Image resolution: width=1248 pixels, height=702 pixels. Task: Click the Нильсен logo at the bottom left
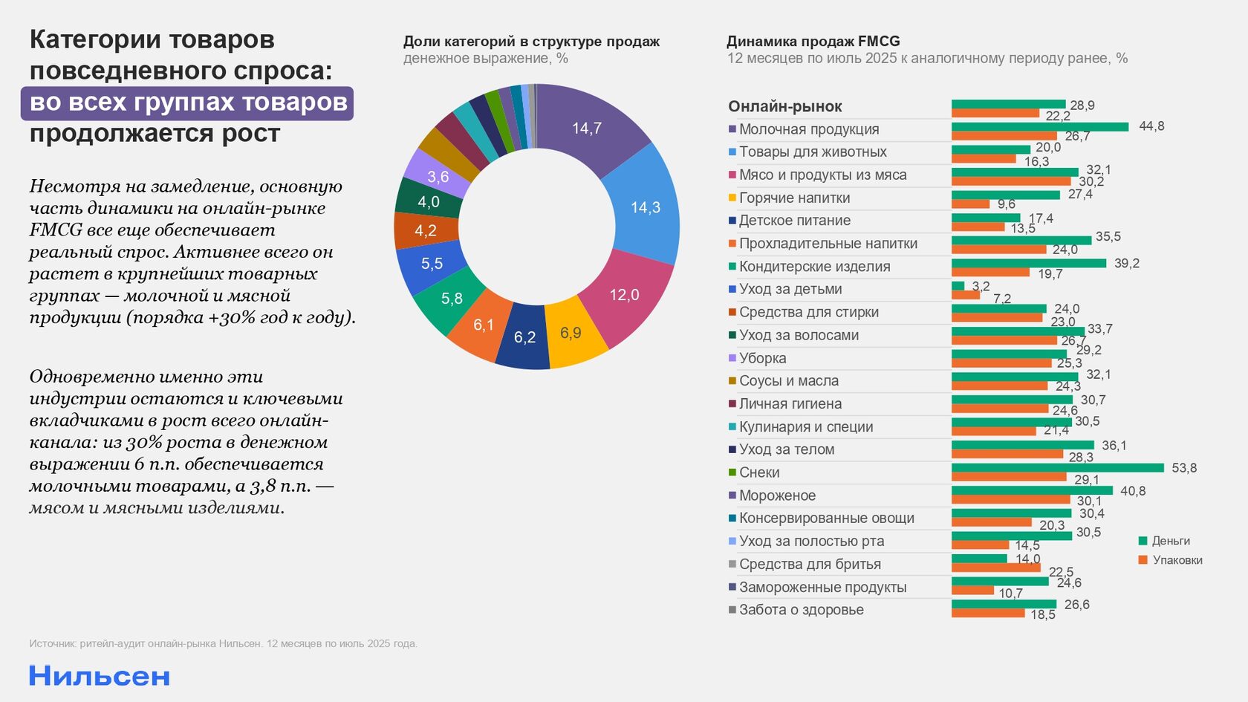tap(100, 676)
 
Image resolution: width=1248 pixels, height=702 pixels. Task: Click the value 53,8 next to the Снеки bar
tap(1184, 468)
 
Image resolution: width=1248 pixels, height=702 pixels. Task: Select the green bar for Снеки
tap(1057, 468)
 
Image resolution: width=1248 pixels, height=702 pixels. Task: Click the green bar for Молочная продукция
tap(1040, 127)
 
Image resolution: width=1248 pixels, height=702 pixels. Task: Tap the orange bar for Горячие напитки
tap(971, 204)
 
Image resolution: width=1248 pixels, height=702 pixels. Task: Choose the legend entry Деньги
tap(1170, 541)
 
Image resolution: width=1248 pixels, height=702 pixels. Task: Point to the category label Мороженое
tap(777, 495)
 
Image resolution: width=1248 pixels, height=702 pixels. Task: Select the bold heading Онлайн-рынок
tap(784, 106)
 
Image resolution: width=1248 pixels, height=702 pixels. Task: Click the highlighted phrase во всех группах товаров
tap(187, 103)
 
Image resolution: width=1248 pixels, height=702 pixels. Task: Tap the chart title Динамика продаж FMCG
tap(813, 42)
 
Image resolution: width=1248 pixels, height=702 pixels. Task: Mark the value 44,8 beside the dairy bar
tap(1151, 126)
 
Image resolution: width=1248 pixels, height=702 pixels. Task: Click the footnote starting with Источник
tap(223, 643)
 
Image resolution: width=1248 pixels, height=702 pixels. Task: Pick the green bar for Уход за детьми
tap(958, 286)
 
